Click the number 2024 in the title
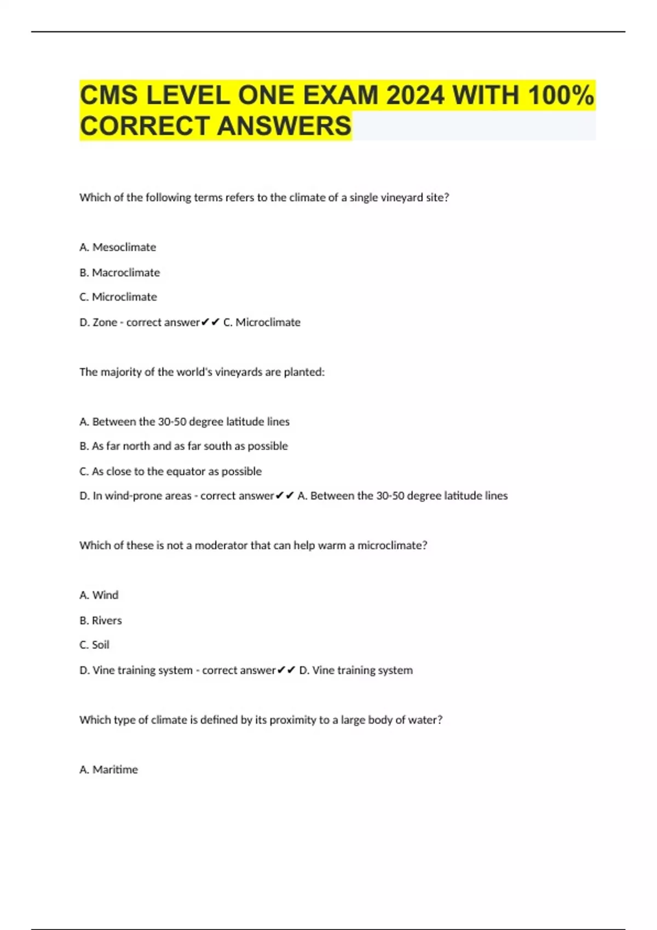coord(415,96)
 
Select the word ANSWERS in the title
coord(284,126)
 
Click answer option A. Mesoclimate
coord(118,247)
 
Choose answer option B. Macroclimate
coord(119,272)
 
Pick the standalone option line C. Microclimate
coord(118,297)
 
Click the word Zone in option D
coord(105,322)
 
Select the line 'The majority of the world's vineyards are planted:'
coord(202,372)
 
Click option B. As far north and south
coord(183,446)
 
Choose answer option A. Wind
coord(99,595)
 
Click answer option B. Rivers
coord(101,620)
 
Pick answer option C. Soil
coord(94,645)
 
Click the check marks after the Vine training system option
coord(286,670)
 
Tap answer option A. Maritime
coord(108,770)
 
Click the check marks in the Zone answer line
coord(210,322)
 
